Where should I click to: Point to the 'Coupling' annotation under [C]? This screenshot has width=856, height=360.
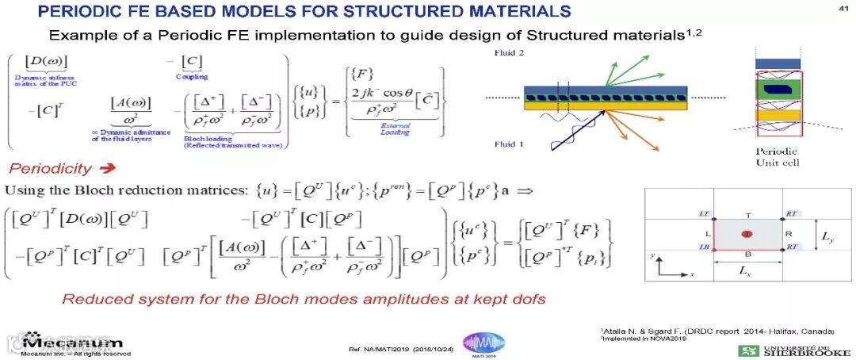coord(192,77)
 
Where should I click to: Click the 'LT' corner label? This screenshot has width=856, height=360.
coord(705,214)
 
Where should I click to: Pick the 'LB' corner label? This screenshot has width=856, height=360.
coord(705,247)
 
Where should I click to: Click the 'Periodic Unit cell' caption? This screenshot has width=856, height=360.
coord(778,157)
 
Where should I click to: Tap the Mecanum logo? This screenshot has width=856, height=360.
coord(71,342)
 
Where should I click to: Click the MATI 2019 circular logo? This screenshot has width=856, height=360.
coord(483,343)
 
